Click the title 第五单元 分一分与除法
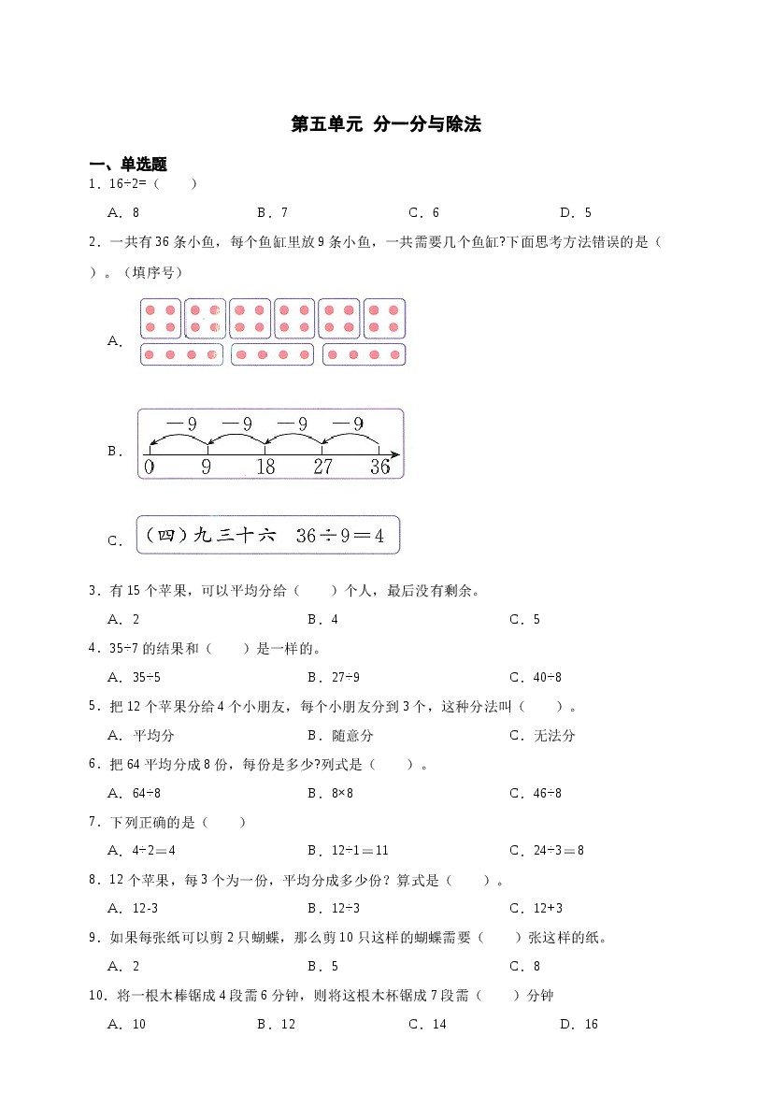click(386, 124)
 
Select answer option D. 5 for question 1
click(576, 212)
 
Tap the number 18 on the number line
click(265, 467)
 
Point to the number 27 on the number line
click(322, 467)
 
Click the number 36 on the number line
click(379, 467)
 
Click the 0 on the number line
click(150, 467)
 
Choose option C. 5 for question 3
click(525, 619)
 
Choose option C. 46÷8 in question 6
click(536, 793)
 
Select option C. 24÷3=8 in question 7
click(547, 851)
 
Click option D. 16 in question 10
click(579, 1024)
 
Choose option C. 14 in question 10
click(428, 1024)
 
